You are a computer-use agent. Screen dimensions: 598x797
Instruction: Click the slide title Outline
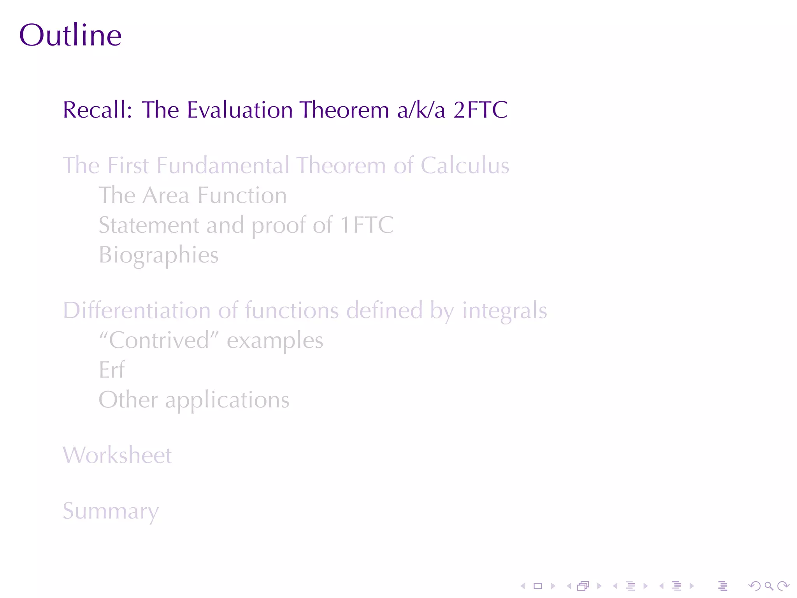pyautogui.click(x=70, y=35)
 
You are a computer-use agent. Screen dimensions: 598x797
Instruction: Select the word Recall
pyautogui.click(x=97, y=110)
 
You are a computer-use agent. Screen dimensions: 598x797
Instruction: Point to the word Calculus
pyautogui.click(x=465, y=165)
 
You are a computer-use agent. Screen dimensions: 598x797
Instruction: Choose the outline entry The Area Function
pyautogui.click(x=193, y=195)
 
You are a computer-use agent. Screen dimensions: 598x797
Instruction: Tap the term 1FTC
pyautogui.click(x=367, y=225)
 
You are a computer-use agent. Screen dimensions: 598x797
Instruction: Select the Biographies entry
pyautogui.click(x=159, y=255)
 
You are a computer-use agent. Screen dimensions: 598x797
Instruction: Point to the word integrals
pyautogui.click(x=504, y=311)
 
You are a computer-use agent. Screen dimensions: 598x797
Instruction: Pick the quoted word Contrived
pyautogui.click(x=159, y=340)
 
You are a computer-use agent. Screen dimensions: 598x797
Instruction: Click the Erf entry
pyautogui.click(x=112, y=370)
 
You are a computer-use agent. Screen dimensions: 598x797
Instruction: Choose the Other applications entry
pyautogui.click(x=194, y=400)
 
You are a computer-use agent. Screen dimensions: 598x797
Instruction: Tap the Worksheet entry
pyautogui.click(x=117, y=455)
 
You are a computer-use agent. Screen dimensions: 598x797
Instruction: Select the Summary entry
pyautogui.click(x=111, y=511)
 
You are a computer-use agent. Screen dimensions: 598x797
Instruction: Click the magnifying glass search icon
pyautogui.click(x=769, y=586)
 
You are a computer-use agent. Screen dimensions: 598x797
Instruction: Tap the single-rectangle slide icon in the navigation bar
pyautogui.click(x=538, y=586)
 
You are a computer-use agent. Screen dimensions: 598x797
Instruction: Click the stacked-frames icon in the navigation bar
pyautogui.click(x=583, y=586)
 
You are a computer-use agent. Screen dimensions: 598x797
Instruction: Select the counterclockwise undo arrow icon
pyautogui.click(x=755, y=586)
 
